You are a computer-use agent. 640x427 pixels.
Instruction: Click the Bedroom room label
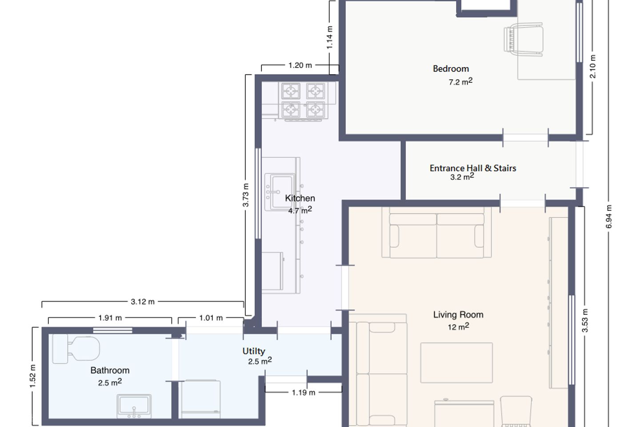tap(451, 68)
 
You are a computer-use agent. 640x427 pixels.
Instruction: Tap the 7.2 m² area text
tap(460, 81)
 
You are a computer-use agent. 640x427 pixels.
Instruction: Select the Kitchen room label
tap(300, 198)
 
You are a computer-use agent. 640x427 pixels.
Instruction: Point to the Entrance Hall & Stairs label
tap(473, 168)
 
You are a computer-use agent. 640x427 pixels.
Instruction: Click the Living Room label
tap(458, 314)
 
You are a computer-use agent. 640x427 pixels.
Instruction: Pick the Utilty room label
tap(254, 351)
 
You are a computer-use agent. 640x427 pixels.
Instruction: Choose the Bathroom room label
tap(110, 371)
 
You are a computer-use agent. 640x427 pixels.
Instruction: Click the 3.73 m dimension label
tap(246, 195)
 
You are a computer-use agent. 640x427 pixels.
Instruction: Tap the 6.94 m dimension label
tap(609, 217)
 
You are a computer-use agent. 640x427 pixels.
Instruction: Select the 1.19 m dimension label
tap(304, 392)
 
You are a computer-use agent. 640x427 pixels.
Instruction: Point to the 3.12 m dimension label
tap(143, 302)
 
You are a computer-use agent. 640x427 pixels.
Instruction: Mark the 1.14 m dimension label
tap(329, 37)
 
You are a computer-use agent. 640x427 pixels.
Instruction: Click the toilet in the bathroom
tap(76, 349)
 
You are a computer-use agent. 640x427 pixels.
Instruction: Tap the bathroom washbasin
tap(134, 406)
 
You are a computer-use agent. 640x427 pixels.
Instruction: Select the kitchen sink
tap(280, 192)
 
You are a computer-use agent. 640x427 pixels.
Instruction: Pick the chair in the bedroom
tap(524, 40)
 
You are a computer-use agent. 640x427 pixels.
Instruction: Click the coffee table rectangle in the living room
tap(456, 363)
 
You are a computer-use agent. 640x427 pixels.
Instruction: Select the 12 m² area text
tap(458, 326)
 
